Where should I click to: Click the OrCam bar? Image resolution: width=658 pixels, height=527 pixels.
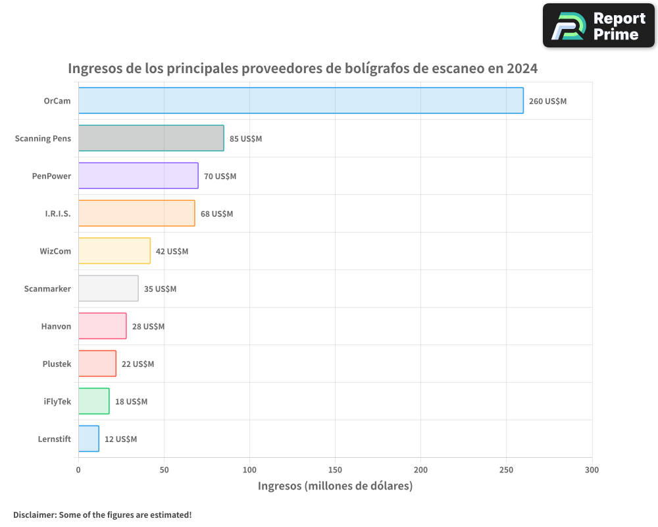[301, 101]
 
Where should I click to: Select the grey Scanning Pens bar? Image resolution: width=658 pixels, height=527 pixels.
[151, 138]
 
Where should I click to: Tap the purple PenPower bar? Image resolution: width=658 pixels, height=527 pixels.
[138, 176]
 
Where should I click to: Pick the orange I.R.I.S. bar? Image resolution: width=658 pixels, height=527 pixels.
[136, 213]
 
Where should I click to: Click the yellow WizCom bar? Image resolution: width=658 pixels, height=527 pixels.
[114, 251]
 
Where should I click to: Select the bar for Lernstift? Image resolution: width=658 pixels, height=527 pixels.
[88, 439]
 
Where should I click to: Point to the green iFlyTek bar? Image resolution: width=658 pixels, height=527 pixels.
[93, 401]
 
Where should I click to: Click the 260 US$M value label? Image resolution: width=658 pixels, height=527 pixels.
[547, 101]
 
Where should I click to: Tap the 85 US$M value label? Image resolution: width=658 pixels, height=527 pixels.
[245, 139]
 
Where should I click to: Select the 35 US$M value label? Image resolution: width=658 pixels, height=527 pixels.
[160, 289]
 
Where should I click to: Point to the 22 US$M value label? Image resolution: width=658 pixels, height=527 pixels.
[138, 364]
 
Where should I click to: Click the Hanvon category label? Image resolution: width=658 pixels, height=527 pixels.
[56, 326]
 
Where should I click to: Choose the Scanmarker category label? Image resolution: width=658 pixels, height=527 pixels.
[47, 289]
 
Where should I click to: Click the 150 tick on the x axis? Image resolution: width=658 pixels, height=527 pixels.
[335, 470]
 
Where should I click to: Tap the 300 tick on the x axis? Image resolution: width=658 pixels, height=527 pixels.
[592, 470]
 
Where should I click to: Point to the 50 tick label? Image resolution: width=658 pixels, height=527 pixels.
[164, 470]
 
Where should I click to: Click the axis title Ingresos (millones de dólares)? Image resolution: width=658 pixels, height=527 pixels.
[335, 486]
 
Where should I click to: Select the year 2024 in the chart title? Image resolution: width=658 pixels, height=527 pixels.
[523, 69]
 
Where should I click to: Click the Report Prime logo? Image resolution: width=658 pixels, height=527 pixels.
[598, 26]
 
